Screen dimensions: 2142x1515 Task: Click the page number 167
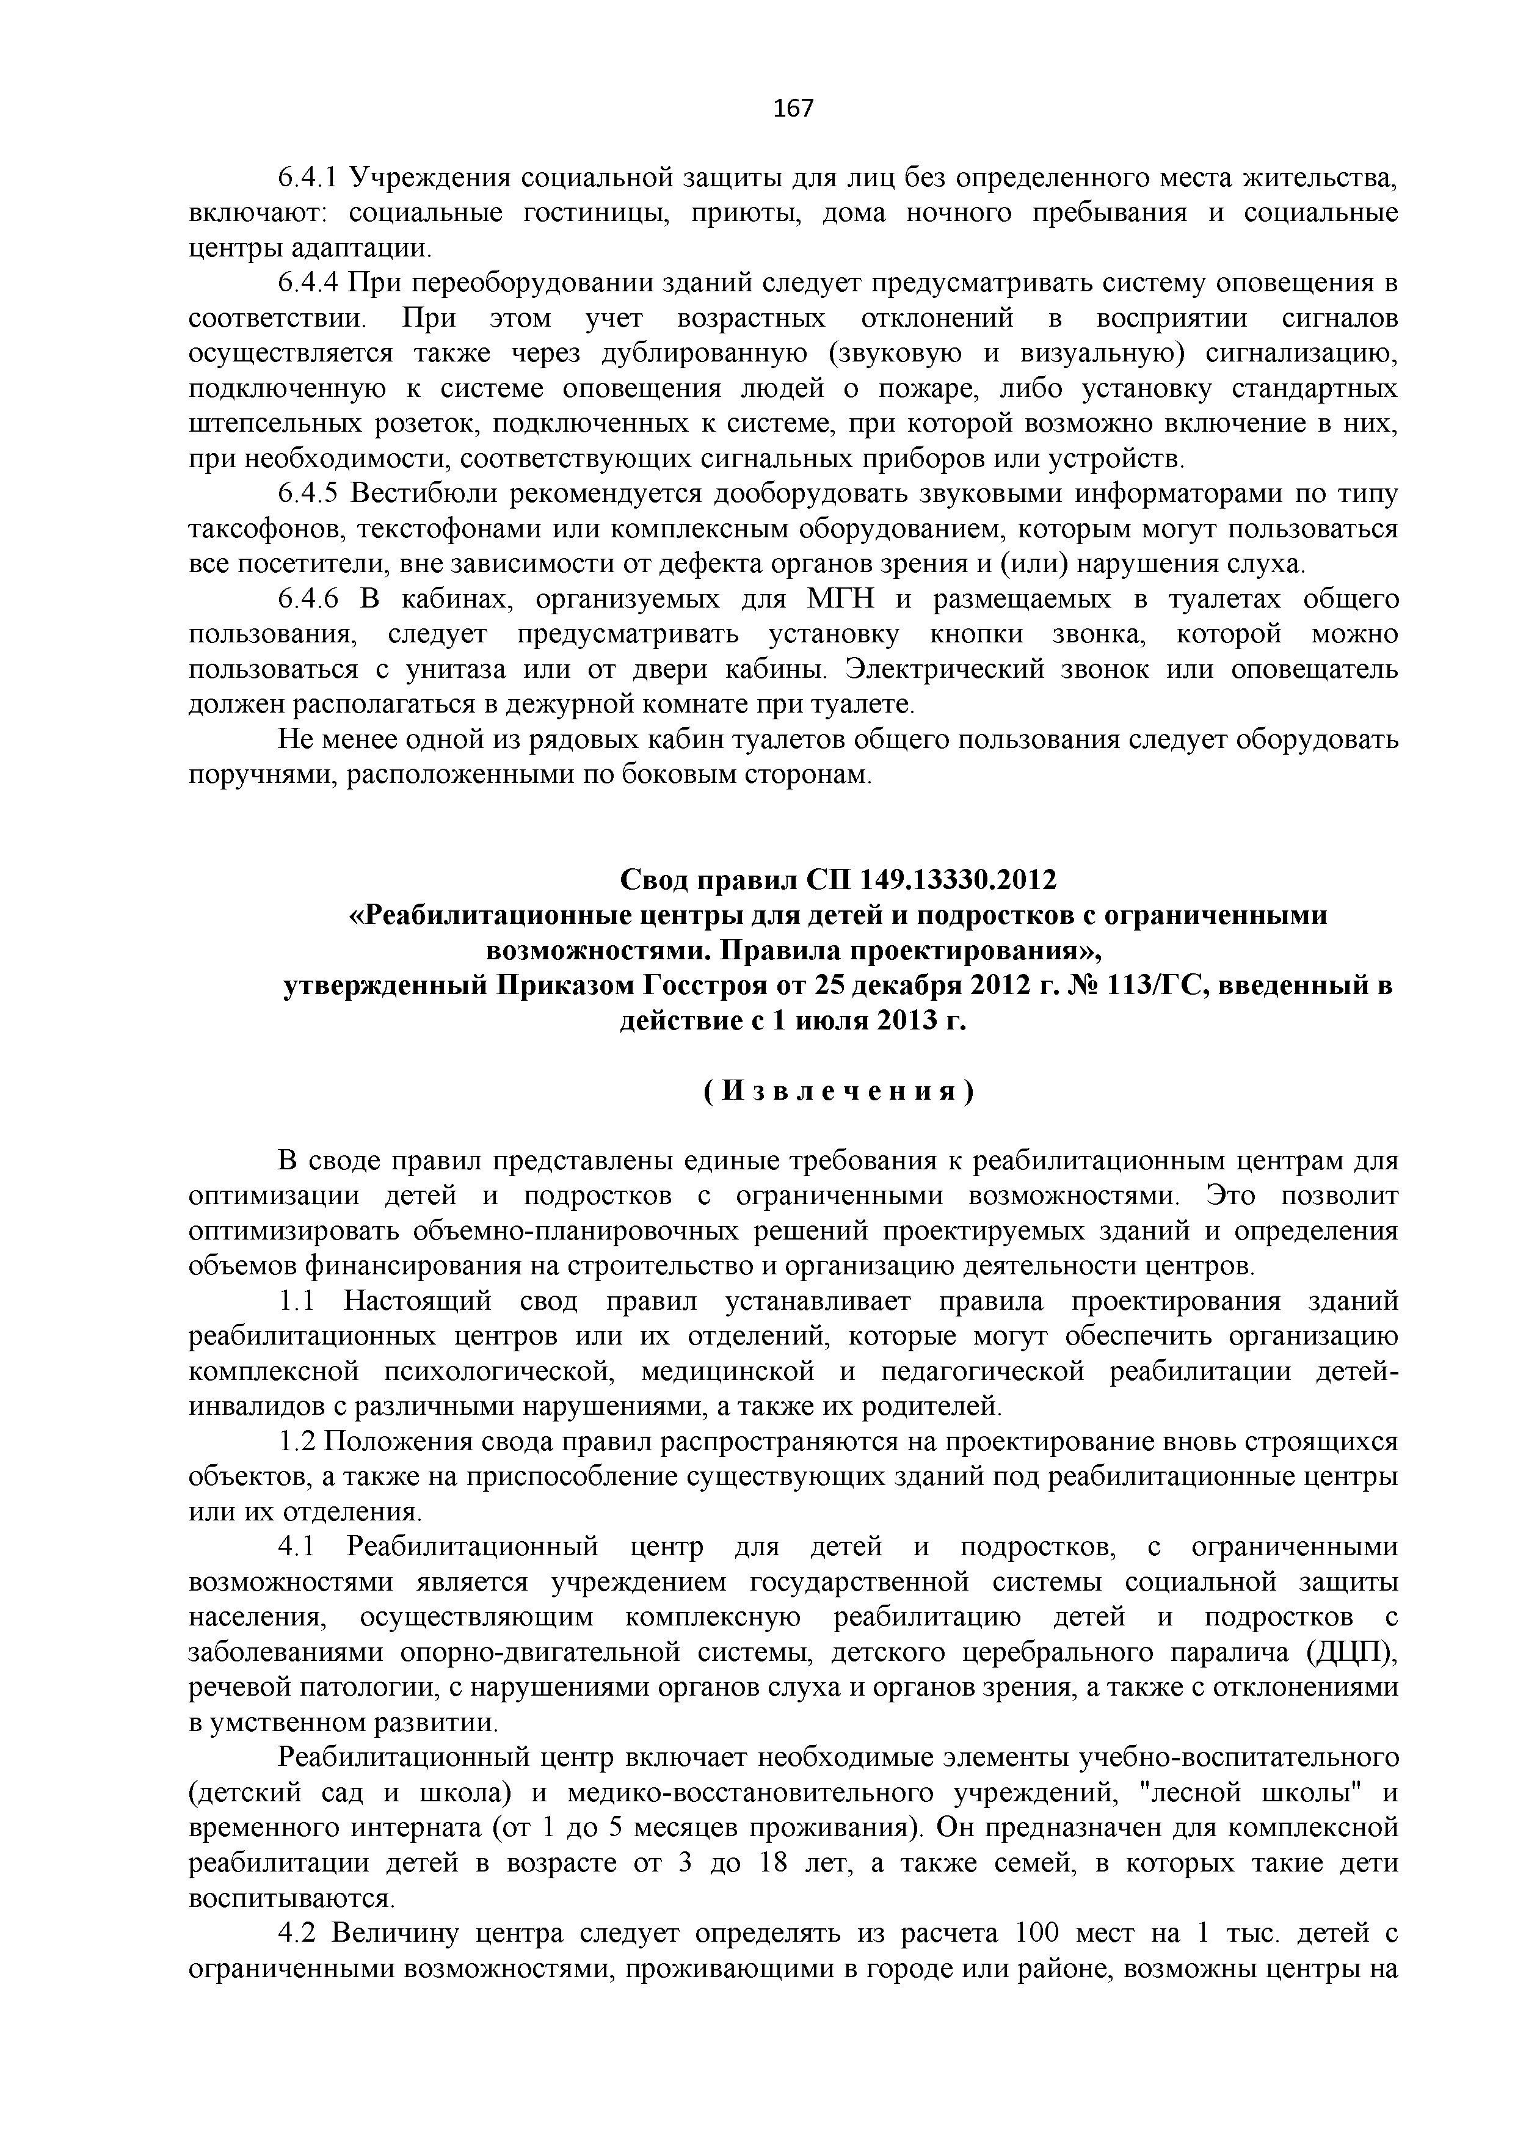pos(794,109)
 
